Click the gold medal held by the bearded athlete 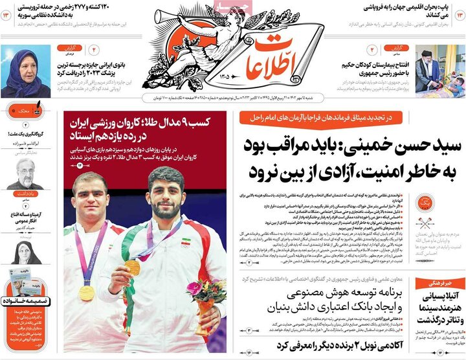(132, 266)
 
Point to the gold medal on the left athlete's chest (86, 293)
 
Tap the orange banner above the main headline (321, 117)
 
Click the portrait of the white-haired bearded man (25, 174)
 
